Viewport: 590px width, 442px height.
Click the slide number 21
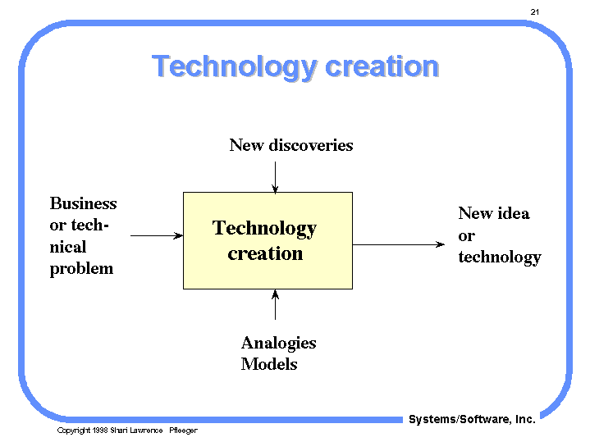click(535, 12)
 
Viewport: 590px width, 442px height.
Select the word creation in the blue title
click(382, 66)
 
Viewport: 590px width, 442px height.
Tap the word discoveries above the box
click(311, 145)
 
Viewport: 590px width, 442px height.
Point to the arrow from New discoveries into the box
click(275, 178)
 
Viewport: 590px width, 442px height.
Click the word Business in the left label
click(83, 203)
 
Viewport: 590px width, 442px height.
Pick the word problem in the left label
click(81, 269)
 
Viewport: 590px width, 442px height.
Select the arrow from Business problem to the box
click(157, 236)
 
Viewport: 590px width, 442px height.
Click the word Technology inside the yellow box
click(264, 228)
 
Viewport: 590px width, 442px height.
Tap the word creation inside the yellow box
click(265, 253)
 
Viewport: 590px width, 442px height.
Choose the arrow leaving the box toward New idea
click(399, 244)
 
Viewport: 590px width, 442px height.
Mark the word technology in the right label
click(500, 257)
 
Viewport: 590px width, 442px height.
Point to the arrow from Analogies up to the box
click(275, 305)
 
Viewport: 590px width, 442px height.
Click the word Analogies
click(278, 344)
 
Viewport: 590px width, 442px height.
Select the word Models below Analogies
click(269, 364)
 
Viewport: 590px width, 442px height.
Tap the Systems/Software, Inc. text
click(472, 419)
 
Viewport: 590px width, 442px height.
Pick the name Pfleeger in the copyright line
click(183, 431)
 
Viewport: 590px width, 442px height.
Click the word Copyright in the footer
click(73, 431)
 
